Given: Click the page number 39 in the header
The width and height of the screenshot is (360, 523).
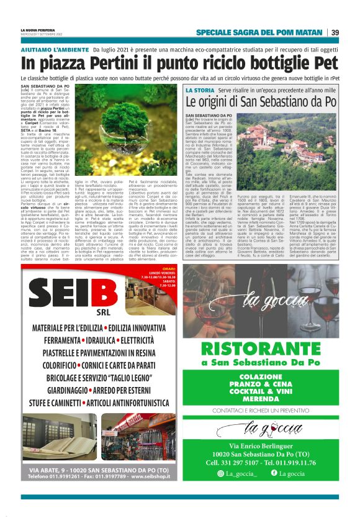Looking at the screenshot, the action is click(x=335, y=32).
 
